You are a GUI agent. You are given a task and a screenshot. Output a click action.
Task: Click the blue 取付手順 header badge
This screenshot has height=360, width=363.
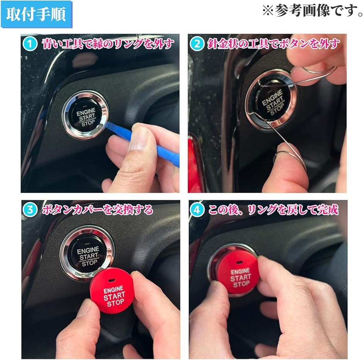coord(36,14)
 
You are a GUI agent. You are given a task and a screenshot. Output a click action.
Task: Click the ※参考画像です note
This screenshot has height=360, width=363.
coord(312,11)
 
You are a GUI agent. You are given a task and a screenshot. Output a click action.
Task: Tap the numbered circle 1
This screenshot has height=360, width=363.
coord(30,44)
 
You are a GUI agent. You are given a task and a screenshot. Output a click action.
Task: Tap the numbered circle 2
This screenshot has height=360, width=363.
coord(197,44)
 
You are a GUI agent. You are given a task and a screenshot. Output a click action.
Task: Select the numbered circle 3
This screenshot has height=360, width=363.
coord(30,210)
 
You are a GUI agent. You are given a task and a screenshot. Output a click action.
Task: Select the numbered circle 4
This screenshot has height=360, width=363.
coord(197,210)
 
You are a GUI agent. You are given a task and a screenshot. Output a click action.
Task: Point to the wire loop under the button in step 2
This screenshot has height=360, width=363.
coord(283,148)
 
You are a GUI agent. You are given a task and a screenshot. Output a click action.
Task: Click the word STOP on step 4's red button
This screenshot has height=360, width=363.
coord(241,284)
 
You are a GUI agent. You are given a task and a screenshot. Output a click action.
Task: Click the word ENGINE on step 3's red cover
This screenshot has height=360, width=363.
coord(113,289)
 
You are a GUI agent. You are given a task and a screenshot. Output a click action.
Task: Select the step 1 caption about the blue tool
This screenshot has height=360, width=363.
coord(108,44)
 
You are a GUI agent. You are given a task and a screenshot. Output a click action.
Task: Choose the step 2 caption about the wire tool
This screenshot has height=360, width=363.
coord(273,44)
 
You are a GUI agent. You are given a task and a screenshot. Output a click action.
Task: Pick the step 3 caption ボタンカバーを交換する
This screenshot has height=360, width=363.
coord(97,210)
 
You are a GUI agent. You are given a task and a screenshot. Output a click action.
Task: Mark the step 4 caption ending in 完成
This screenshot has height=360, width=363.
coord(273,210)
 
